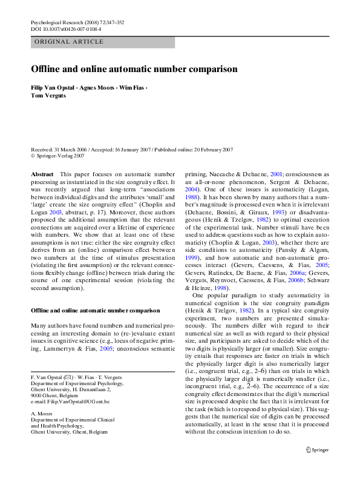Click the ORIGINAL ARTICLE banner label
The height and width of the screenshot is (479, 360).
tap(70, 42)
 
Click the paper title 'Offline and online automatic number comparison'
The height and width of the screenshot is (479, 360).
tap(134, 69)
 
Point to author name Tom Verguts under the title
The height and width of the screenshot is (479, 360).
tap(48, 96)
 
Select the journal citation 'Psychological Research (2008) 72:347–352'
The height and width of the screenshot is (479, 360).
tap(77, 22)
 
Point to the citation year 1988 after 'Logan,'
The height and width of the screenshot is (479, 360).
tap(192, 197)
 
